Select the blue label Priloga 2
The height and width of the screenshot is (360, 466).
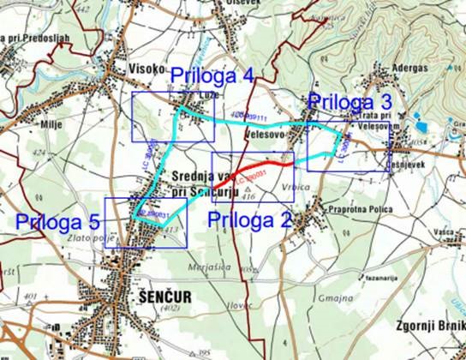coord(251,218)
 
